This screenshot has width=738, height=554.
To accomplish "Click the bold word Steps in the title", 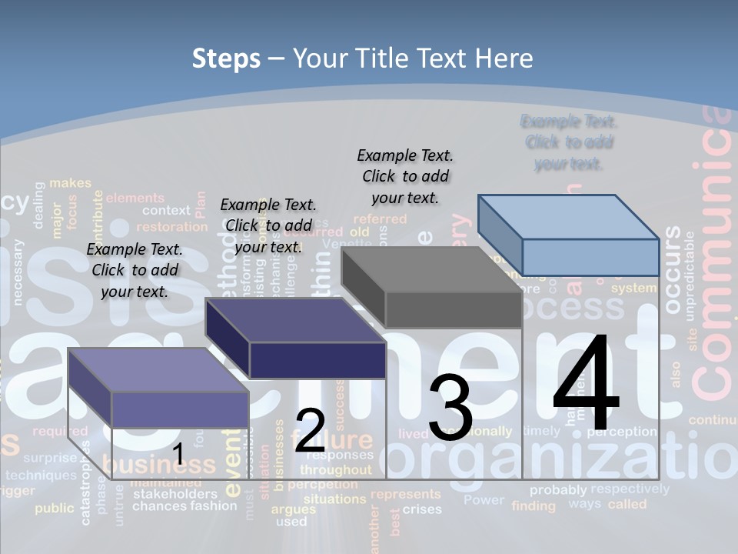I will (226, 58).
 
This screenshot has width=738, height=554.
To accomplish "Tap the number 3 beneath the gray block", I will (450, 408).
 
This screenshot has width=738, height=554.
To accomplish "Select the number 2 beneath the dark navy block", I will (310, 431).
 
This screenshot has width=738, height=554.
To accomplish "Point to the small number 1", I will (178, 455).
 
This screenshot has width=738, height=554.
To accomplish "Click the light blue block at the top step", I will (569, 235).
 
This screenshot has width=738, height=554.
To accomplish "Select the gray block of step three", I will (432, 287).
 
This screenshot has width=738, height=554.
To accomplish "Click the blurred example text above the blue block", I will (569, 142).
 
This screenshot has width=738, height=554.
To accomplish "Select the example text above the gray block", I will (405, 176).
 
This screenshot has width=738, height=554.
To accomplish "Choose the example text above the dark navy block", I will (268, 225).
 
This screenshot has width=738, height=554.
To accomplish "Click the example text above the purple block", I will (135, 270).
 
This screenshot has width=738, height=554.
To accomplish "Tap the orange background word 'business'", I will (159, 465).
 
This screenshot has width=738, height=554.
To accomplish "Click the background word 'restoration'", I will (171, 227).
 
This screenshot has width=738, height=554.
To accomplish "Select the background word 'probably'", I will (558, 489).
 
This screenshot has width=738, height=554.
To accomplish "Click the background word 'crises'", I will (422, 509).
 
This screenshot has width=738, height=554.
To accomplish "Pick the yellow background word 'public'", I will (54, 508).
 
